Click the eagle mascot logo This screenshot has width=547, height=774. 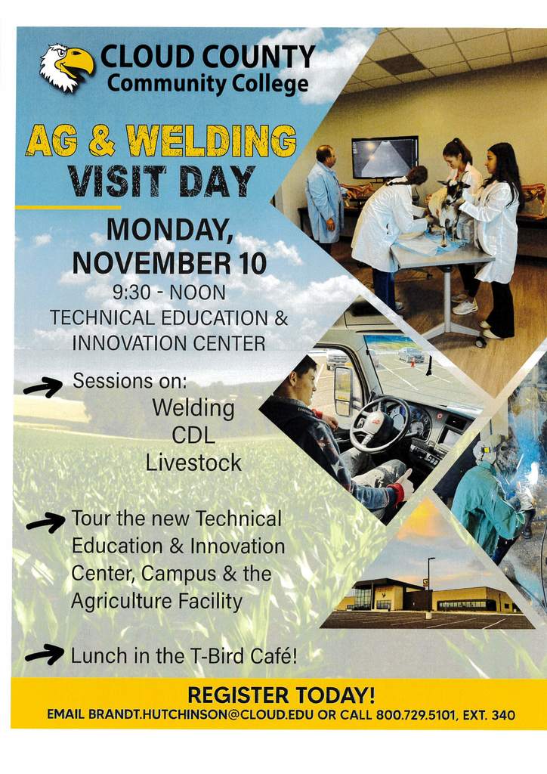66,66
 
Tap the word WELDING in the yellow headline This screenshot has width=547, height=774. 211,141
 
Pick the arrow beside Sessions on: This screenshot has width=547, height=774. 42,388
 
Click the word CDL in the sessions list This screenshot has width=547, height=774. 193,435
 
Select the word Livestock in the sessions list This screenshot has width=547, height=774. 193,463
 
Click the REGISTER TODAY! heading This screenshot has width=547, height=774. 281,695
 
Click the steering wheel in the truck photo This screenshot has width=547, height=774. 379,423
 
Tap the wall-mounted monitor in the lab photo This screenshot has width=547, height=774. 385,157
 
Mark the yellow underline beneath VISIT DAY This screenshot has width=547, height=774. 68,206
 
